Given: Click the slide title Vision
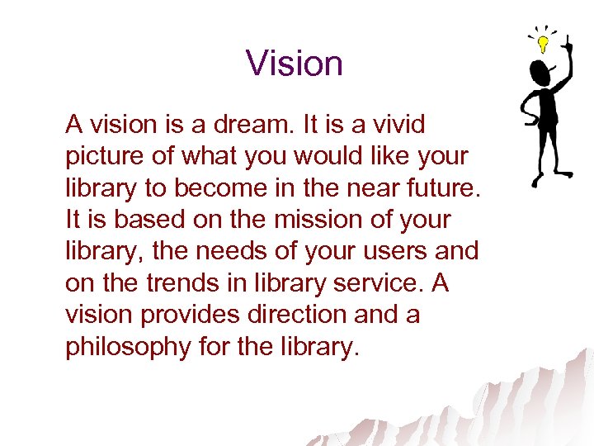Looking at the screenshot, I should (294, 64).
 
